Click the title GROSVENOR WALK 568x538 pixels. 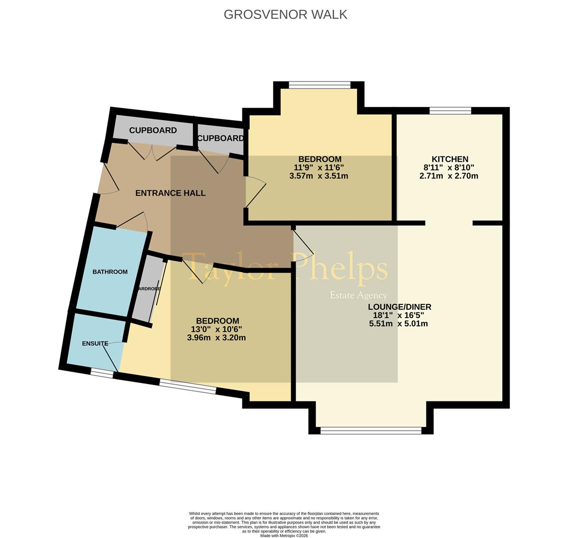tap(285, 14)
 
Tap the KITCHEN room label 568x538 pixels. tap(450, 159)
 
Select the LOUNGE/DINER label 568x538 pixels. tap(399, 307)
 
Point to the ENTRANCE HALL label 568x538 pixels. tap(170, 193)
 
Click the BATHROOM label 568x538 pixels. tap(110, 272)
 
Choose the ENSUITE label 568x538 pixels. tap(95, 344)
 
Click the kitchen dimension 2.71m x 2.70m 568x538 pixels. tap(449, 176)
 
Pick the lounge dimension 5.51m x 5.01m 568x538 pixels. tap(398, 324)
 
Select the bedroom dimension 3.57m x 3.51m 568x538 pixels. tap(319, 176)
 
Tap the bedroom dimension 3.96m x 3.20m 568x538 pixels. tap(216, 338)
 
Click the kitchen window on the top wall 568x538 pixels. tap(450, 111)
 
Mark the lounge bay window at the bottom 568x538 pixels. tap(371, 430)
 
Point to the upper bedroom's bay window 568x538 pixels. tap(320, 85)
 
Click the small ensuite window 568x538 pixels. tap(102, 373)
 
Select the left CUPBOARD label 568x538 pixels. tap(153, 131)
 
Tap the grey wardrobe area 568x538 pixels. tap(148, 289)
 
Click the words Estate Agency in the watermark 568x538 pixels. tap(358, 295)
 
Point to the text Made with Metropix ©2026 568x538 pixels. tap(284, 536)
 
